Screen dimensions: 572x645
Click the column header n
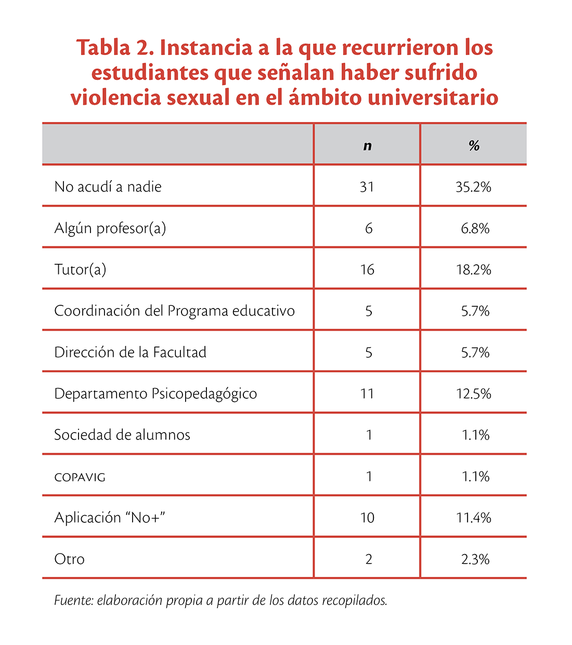[367, 146]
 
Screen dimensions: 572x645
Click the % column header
[474, 145]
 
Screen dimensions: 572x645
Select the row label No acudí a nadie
[108, 186]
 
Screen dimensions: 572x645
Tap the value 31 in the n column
[367, 187]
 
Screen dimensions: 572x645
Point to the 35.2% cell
[473, 187]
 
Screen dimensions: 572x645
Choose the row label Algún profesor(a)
[110, 229]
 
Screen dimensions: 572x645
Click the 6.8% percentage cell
[475, 229]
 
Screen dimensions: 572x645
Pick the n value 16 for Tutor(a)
[367, 270]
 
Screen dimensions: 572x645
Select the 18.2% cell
[474, 270]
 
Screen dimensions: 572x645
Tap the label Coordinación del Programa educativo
[174, 311]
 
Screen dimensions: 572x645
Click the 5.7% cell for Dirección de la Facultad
[475, 353]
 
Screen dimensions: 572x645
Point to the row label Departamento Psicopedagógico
[155, 394]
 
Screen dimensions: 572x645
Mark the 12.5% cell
[474, 394]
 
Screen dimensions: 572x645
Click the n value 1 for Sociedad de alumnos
[369, 435]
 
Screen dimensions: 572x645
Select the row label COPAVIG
[80, 477]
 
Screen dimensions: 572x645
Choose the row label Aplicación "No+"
[110, 518]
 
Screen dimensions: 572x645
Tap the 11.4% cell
[474, 518]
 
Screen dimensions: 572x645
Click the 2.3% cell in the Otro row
[475, 559]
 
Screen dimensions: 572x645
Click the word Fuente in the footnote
[74, 600]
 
